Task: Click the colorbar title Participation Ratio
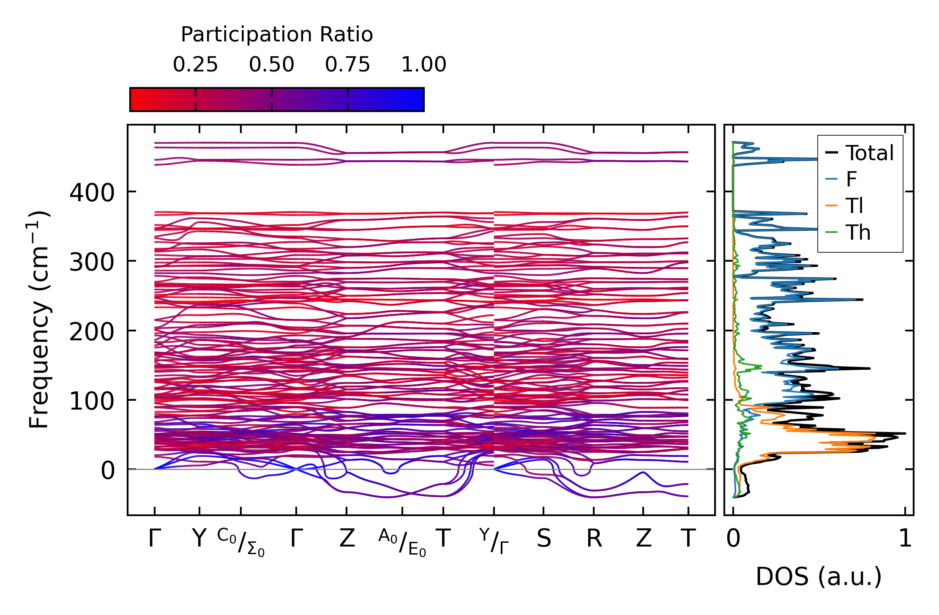tap(277, 35)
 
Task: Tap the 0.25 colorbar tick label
tap(195, 65)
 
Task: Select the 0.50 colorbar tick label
tap(271, 65)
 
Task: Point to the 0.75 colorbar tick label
tap(347, 65)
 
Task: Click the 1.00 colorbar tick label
tap(423, 65)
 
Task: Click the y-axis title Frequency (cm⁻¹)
tap(39, 320)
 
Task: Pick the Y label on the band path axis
tap(199, 538)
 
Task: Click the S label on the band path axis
tap(543, 538)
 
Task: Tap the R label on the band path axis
tap(594, 538)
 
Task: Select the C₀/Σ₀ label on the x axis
tap(241, 542)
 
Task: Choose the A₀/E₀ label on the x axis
tap(402, 542)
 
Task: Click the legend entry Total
tap(869, 153)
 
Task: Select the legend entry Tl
tap(854, 206)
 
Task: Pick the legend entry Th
tap(858, 232)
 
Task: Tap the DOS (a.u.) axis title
tap(819, 577)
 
